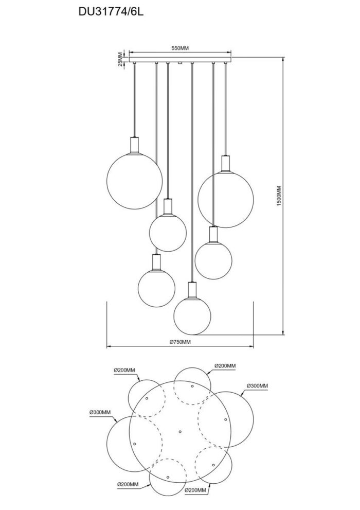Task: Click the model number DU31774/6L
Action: [111, 12]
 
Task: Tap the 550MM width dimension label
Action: [180, 48]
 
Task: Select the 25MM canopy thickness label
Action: [120, 59]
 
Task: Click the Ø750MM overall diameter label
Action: [180, 342]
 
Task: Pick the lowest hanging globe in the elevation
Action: [192, 315]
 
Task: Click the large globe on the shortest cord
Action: [135, 181]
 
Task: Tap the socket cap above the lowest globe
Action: [192, 290]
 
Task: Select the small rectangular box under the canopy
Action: [179, 63]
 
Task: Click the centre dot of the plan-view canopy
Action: [180, 432]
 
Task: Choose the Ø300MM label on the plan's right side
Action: [257, 386]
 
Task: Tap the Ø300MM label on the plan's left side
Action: [100, 412]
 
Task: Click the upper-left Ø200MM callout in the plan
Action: [124, 370]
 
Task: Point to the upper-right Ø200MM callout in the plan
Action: [225, 366]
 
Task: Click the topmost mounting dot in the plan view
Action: [192, 386]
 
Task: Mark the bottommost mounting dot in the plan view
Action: [168, 477]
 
